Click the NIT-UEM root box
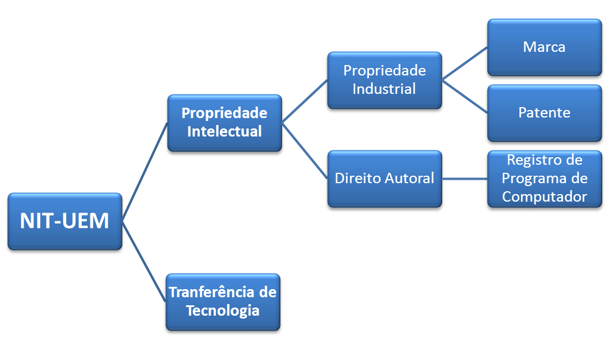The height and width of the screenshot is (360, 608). click(x=64, y=221)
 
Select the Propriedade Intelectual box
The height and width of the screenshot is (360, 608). click(x=225, y=123)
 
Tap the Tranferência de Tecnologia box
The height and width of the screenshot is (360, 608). click(x=223, y=301)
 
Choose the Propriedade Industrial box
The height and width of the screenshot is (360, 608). click(x=384, y=80)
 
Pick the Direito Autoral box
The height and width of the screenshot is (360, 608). click(x=384, y=179)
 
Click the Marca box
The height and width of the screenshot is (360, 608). click(x=544, y=47)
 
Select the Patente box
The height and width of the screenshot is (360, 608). click(x=544, y=113)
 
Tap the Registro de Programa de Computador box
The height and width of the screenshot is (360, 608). click(x=544, y=179)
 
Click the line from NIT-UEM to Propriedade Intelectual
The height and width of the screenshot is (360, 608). click(x=145, y=172)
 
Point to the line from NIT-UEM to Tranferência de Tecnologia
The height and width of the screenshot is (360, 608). click(x=144, y=262)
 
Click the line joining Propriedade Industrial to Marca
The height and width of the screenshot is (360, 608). click(x=465, y=63)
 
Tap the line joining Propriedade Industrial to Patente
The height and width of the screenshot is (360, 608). click(x=465, y=96)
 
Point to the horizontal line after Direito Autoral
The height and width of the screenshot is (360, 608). click(x=465, y=179)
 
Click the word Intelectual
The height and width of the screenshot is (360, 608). click(x=225, y=131)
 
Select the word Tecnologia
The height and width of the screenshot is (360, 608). click(x=222, y=310)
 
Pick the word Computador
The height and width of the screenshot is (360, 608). click(x=544, y=196)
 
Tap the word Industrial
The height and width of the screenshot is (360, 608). click(x=384, y=89)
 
